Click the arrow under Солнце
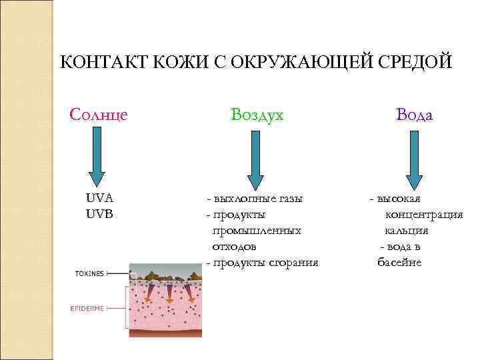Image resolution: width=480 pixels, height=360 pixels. [x=97, y=157]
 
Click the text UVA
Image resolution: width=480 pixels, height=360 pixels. [x=99, y=198]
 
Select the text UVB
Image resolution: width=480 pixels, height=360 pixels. [x=99, y=214]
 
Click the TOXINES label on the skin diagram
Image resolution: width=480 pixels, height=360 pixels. [x=89, y=273]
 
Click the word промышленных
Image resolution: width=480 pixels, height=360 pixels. [x=257, y=231]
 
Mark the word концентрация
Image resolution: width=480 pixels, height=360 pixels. [x=423, y=215]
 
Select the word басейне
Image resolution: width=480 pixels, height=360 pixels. [x=399, y=263]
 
